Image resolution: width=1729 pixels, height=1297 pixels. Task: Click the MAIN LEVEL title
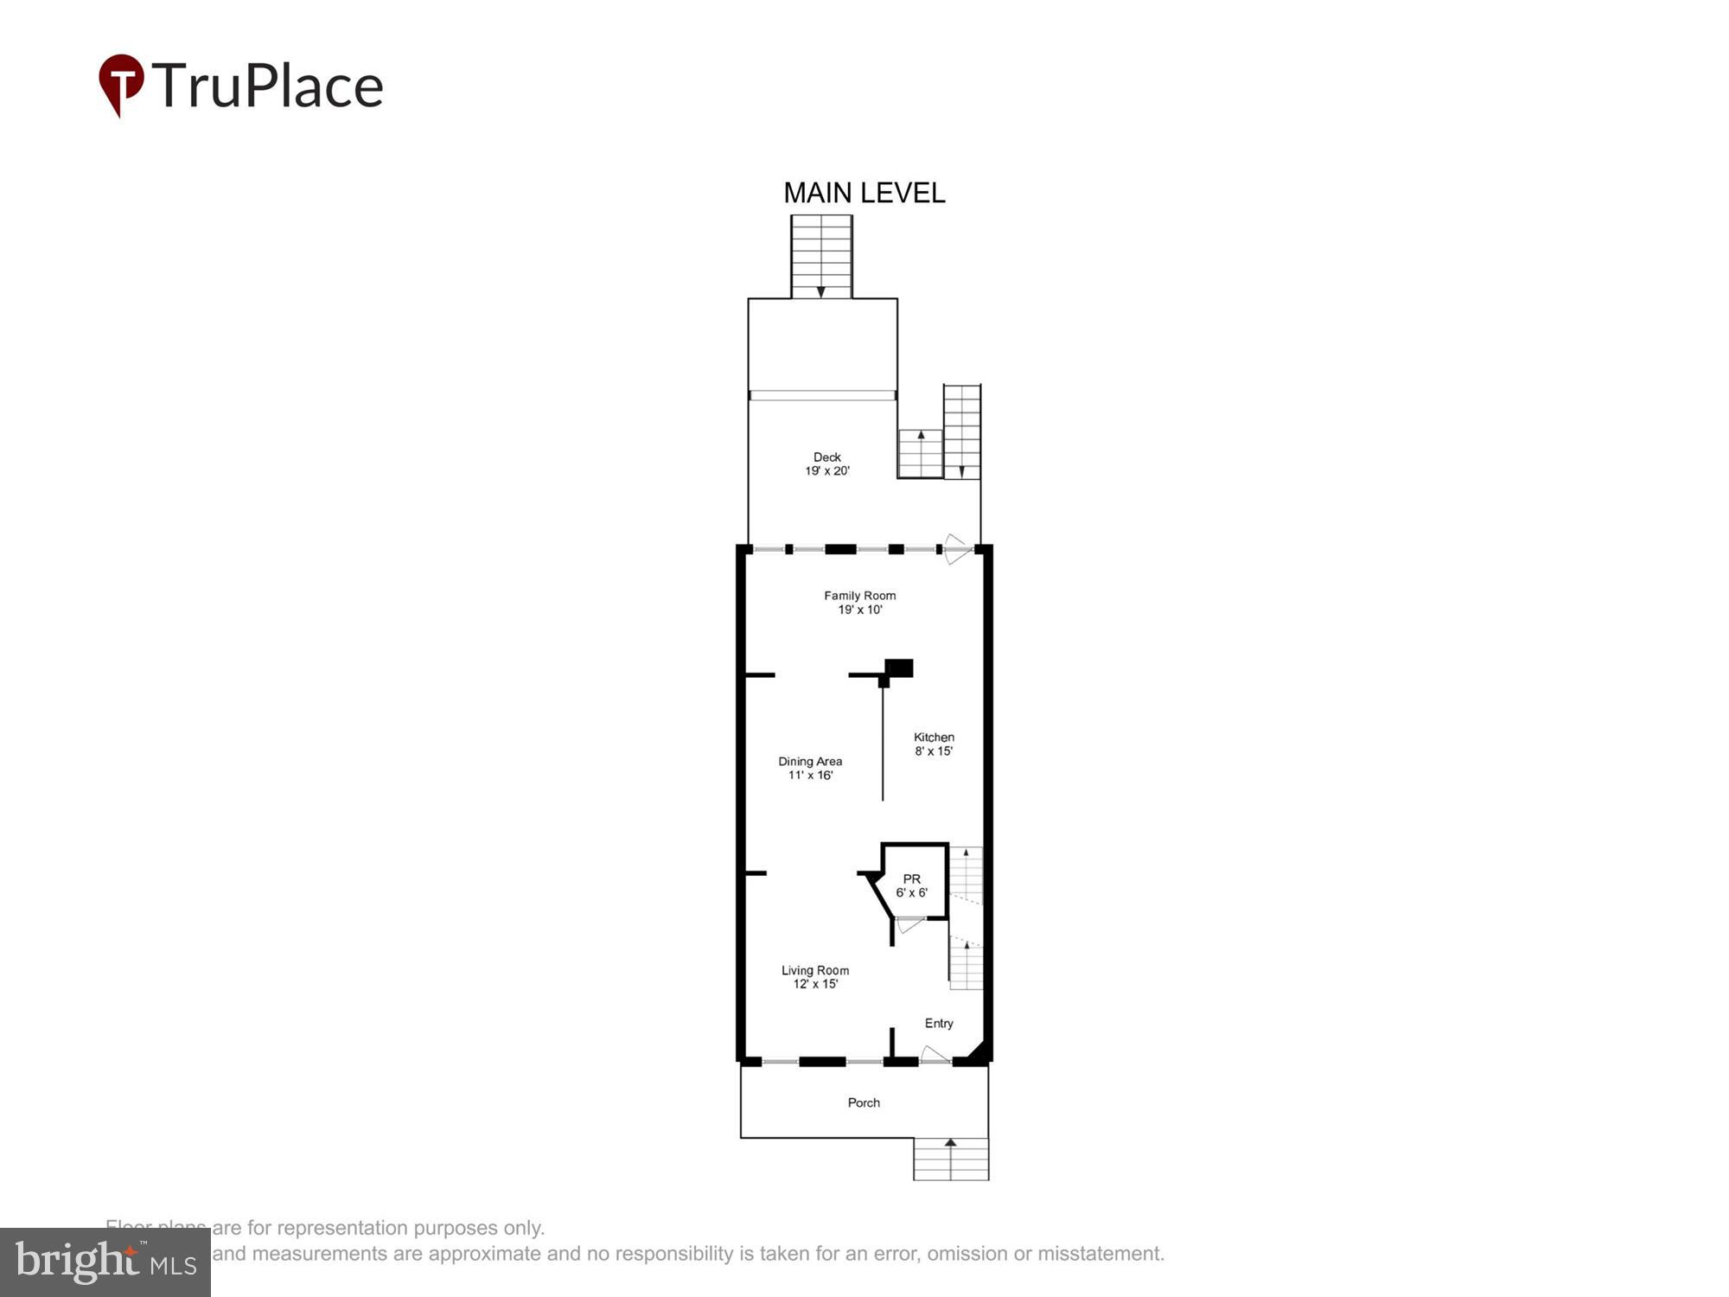pyautogui.click(x=864, y=193)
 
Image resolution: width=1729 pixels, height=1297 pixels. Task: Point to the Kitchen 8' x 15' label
pyautogui.click(x=934, y=744)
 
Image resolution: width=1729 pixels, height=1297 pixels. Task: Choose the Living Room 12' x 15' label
pyautogui.click(x=815, y=977)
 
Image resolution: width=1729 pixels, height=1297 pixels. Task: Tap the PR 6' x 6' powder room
pyautogui.click(x=912, y=885)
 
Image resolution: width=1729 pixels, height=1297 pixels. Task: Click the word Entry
pyautogui.click(x=939, y=1023)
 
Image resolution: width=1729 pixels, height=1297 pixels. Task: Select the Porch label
pyautogui.click(x=864, y=1102)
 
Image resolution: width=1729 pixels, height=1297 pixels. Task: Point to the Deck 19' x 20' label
pyautogui.click(x=827, y=463)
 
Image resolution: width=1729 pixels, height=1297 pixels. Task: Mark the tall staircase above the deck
pyautogui.click(x=821, y=257)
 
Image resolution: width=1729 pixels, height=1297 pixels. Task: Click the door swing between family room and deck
pyautogui.click(x=956, y=549)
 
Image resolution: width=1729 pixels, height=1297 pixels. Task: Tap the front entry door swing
pyautogui.click(x=934, y=1054)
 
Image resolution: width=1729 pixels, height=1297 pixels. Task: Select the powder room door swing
pyautogui.click(x=909, y=924)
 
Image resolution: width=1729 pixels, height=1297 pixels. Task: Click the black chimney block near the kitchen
pyautogui.click(x=899, y=668)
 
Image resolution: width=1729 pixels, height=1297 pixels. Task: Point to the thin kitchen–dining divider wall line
pyautogui.click(x=883, y=744)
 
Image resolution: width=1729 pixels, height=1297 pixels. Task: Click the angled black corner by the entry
pyautogui.click(x=978, y=1051)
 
